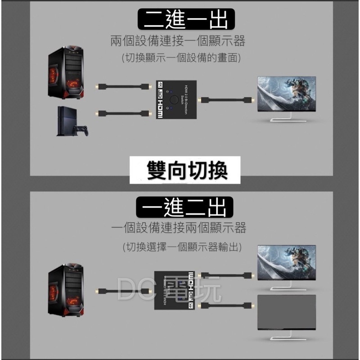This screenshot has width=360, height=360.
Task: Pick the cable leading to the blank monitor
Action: tap(228, 306)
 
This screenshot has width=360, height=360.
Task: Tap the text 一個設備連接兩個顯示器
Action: tap(179, 228)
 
